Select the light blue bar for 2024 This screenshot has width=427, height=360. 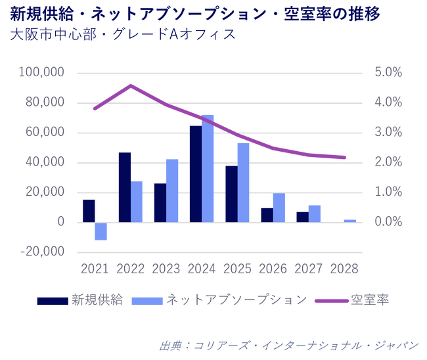pos(208,169)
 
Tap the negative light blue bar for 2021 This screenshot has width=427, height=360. pos(101,231)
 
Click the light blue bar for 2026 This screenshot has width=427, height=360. pos(279,208)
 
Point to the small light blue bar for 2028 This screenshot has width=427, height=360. pos(349,221)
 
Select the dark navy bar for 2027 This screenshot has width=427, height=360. pos(302,217)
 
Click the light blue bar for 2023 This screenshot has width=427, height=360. pos(172,191)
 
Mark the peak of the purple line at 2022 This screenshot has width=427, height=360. pos(131,86)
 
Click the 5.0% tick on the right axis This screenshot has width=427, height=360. pos(388,72)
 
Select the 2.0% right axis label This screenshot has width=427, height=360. pos(388,162)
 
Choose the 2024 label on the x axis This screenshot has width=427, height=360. pos(202,269)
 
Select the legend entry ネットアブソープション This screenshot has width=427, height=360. pos(236,300)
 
